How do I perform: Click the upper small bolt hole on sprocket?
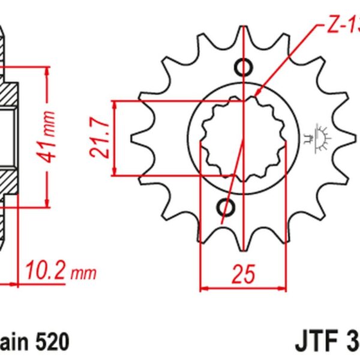pos(243,65)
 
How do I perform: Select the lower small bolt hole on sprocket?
pos(228,208)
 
